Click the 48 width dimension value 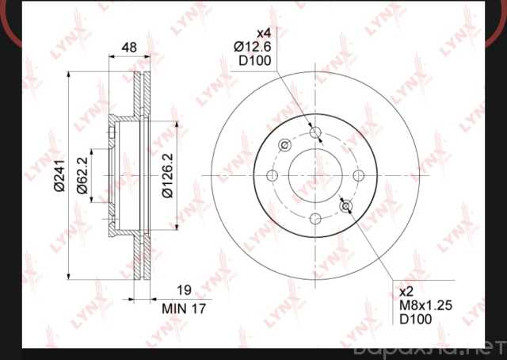pos(129,48)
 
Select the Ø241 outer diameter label pos(59,175)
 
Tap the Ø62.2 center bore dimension pos(82,175)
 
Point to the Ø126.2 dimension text pos(168,175)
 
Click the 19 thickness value pos(185,290)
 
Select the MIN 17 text pos(184,308)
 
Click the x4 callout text pos(264,33)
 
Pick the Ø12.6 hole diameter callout pos(252,47)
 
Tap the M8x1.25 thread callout pos(426,305)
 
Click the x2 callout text pos(406,292)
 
